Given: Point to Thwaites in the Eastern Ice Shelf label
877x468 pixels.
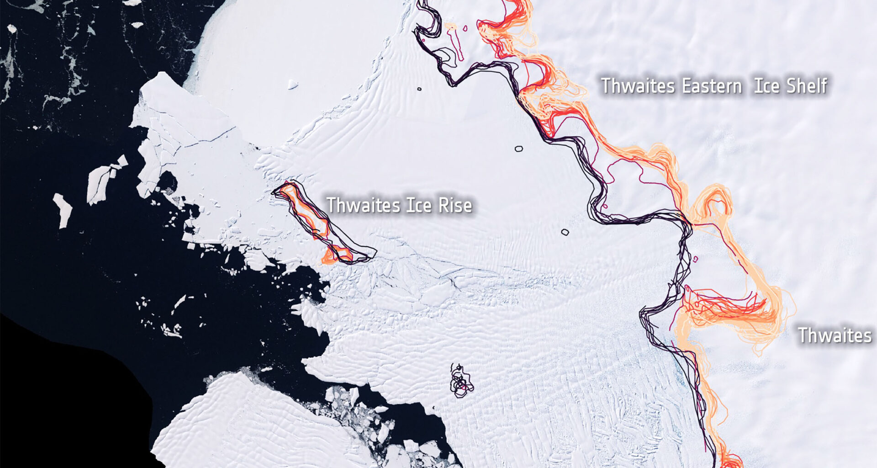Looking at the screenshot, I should click(x=638, y=86).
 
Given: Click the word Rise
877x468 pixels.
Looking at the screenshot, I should click(x=455, y=205).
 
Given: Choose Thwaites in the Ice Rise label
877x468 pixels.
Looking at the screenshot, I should click(x=363, y=205).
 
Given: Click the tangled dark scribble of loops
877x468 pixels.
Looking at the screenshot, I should click(x=461, y=382).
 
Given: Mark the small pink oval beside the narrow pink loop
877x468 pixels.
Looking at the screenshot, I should click(x=465, y=28).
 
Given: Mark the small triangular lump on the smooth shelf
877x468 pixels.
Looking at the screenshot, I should click(x=292, y=85).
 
